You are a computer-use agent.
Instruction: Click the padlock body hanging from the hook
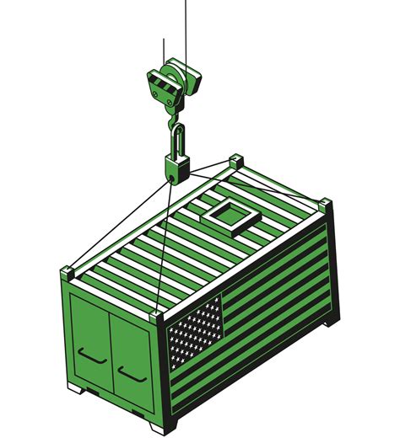[x=176, y=167]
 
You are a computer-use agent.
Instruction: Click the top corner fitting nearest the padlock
[x=235, y=160]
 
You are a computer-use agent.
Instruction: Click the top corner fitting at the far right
[x=324, y=202]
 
